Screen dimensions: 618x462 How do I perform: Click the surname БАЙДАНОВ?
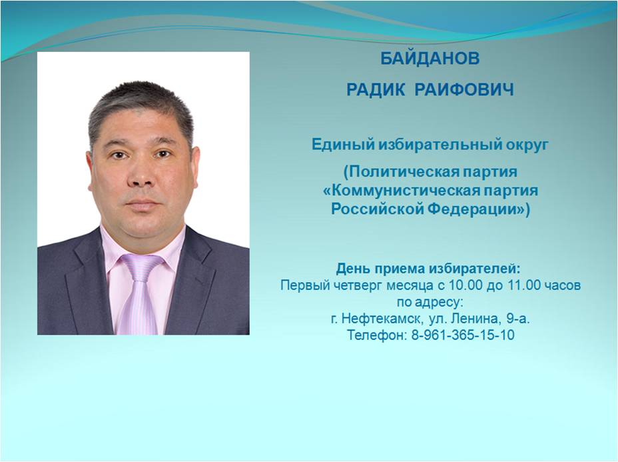(x=430, y=59)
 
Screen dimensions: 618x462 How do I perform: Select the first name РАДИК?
(x=376, y=90)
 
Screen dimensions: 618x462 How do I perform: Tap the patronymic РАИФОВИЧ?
(x=464, y=90)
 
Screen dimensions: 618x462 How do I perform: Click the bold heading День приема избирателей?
(x=428, y=269)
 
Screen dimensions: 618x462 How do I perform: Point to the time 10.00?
(x=463, y=285)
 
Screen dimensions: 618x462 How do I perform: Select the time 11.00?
(x=527, y=285)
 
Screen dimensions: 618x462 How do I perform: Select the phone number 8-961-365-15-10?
(x=463, y=335)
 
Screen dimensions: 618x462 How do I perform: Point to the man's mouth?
(x=143, y=205)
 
